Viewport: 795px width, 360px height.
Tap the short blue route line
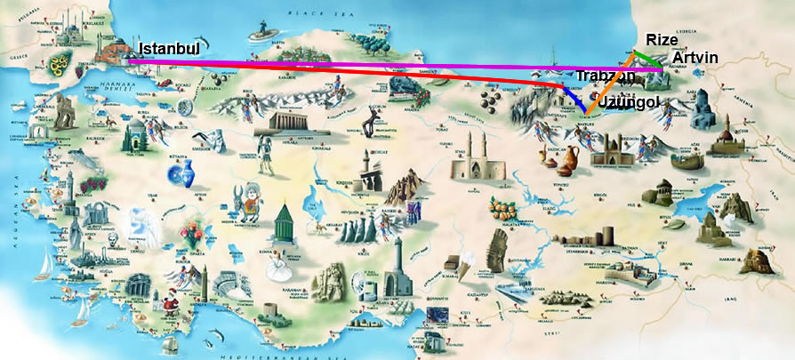coord(574,99)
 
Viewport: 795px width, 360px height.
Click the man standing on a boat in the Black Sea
coord(260,35)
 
